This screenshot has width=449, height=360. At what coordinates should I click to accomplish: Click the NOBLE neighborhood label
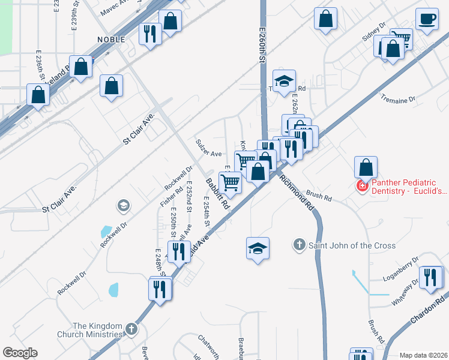[111, 39]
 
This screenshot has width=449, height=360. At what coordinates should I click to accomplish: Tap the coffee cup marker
[427, 19]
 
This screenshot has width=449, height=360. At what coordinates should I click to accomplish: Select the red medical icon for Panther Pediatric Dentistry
[362, 186]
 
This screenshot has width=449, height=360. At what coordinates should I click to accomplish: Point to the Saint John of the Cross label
[352, 245]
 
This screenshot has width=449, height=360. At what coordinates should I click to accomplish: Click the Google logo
[20, 353]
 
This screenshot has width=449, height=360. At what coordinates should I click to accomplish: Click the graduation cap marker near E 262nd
[284, 80]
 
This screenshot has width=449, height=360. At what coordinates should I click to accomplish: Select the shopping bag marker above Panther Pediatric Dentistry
[366, 166]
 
